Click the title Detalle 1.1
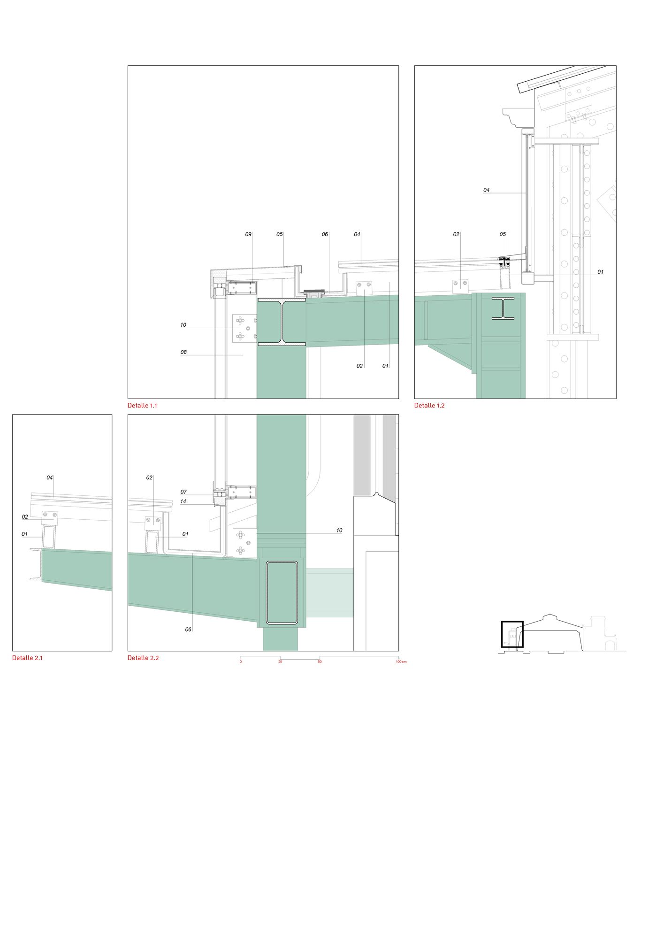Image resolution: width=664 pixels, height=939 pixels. (142, 405)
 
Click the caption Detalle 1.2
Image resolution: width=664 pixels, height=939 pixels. (429, 405)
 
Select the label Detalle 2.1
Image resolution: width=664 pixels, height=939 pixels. (27, 658)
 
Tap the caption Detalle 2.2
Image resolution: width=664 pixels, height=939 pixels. (143, 658)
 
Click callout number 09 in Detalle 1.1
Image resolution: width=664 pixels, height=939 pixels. (248, 234)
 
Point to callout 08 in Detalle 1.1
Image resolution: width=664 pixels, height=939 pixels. (183, 352)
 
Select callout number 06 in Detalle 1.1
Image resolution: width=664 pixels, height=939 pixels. (325, 234)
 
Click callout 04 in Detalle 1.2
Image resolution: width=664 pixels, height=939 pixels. (487, 190)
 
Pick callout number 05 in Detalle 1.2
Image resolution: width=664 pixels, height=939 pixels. (503, 234)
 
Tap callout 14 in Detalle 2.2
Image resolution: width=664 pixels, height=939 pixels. (183, 501)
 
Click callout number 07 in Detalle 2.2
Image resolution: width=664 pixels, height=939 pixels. (183, 492)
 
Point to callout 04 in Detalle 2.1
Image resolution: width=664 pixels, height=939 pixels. (49, 477)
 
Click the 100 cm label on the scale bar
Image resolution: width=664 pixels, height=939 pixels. (401, 662)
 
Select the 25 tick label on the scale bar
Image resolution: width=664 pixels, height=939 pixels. (280, 662)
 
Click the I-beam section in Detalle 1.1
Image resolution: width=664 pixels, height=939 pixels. (281, 323)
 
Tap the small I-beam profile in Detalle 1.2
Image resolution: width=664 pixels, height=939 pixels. (503, 308)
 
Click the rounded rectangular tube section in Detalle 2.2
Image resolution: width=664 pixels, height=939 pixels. (282, 593)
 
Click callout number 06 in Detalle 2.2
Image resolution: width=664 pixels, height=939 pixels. (188, 630)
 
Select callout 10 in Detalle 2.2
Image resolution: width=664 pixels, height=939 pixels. (339, 531)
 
